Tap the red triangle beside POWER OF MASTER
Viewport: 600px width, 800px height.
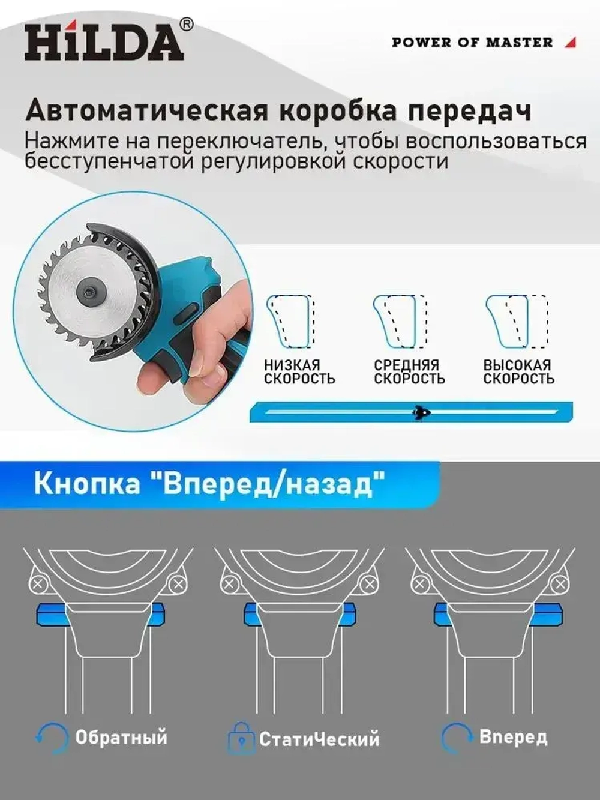571,42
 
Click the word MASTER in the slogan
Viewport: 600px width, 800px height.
520,43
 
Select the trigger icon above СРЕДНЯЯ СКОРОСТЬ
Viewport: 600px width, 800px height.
400,322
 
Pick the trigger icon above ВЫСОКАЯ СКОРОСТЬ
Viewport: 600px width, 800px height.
517,322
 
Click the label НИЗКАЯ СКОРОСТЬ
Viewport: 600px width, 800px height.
299,372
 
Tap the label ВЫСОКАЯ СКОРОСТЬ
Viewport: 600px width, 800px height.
518,372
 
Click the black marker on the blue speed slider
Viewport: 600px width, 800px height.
421,412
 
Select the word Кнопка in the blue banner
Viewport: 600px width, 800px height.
87,483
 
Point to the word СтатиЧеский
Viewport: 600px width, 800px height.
319,739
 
